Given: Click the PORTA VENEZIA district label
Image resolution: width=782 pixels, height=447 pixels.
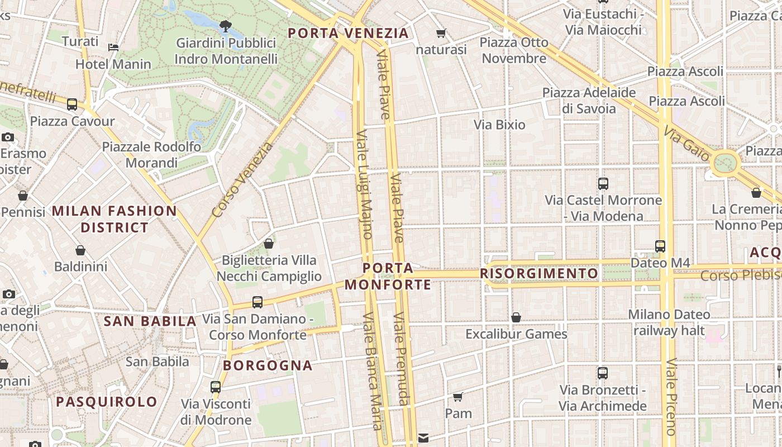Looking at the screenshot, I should click(348, 33).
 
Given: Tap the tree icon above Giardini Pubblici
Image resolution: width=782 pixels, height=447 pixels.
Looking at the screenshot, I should click(226, 26).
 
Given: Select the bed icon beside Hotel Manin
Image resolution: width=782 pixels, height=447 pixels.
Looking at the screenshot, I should click(113, 47).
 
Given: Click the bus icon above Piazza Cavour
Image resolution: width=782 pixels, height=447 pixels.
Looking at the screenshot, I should click(72, 104).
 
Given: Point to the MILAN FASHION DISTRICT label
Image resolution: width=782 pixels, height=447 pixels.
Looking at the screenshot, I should click(115, 219).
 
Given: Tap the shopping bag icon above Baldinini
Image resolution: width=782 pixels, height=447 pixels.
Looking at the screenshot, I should click(80, 250).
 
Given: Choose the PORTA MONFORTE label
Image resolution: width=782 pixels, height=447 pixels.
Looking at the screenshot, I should click(388, 277).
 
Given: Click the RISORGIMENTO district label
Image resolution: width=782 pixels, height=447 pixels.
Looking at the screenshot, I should click(539, 273).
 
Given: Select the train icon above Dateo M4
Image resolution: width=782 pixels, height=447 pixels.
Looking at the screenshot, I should click(660, 246).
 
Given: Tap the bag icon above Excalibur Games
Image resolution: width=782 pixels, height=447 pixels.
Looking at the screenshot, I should click(516, 317).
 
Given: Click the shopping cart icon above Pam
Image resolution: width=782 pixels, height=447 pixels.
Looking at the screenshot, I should click(458, 397).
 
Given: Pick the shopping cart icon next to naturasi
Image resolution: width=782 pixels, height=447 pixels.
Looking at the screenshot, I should click(441, 34).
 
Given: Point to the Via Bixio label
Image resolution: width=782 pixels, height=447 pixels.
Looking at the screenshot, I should click(499, 125).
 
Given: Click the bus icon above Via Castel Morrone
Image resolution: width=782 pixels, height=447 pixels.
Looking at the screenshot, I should click(603, 183).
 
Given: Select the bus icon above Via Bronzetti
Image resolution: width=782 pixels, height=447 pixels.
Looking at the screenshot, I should click(602, 373).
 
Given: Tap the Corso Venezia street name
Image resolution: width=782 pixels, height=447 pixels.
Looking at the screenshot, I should click(243, 179).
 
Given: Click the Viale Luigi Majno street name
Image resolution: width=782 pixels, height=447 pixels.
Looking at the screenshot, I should click(364, 184).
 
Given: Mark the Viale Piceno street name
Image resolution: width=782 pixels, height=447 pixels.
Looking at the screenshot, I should click(671, 397).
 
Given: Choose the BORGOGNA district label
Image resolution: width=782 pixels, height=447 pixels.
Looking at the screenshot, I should click(268, 365).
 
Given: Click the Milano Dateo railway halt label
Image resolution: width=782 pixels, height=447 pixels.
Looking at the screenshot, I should click(669, 322).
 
